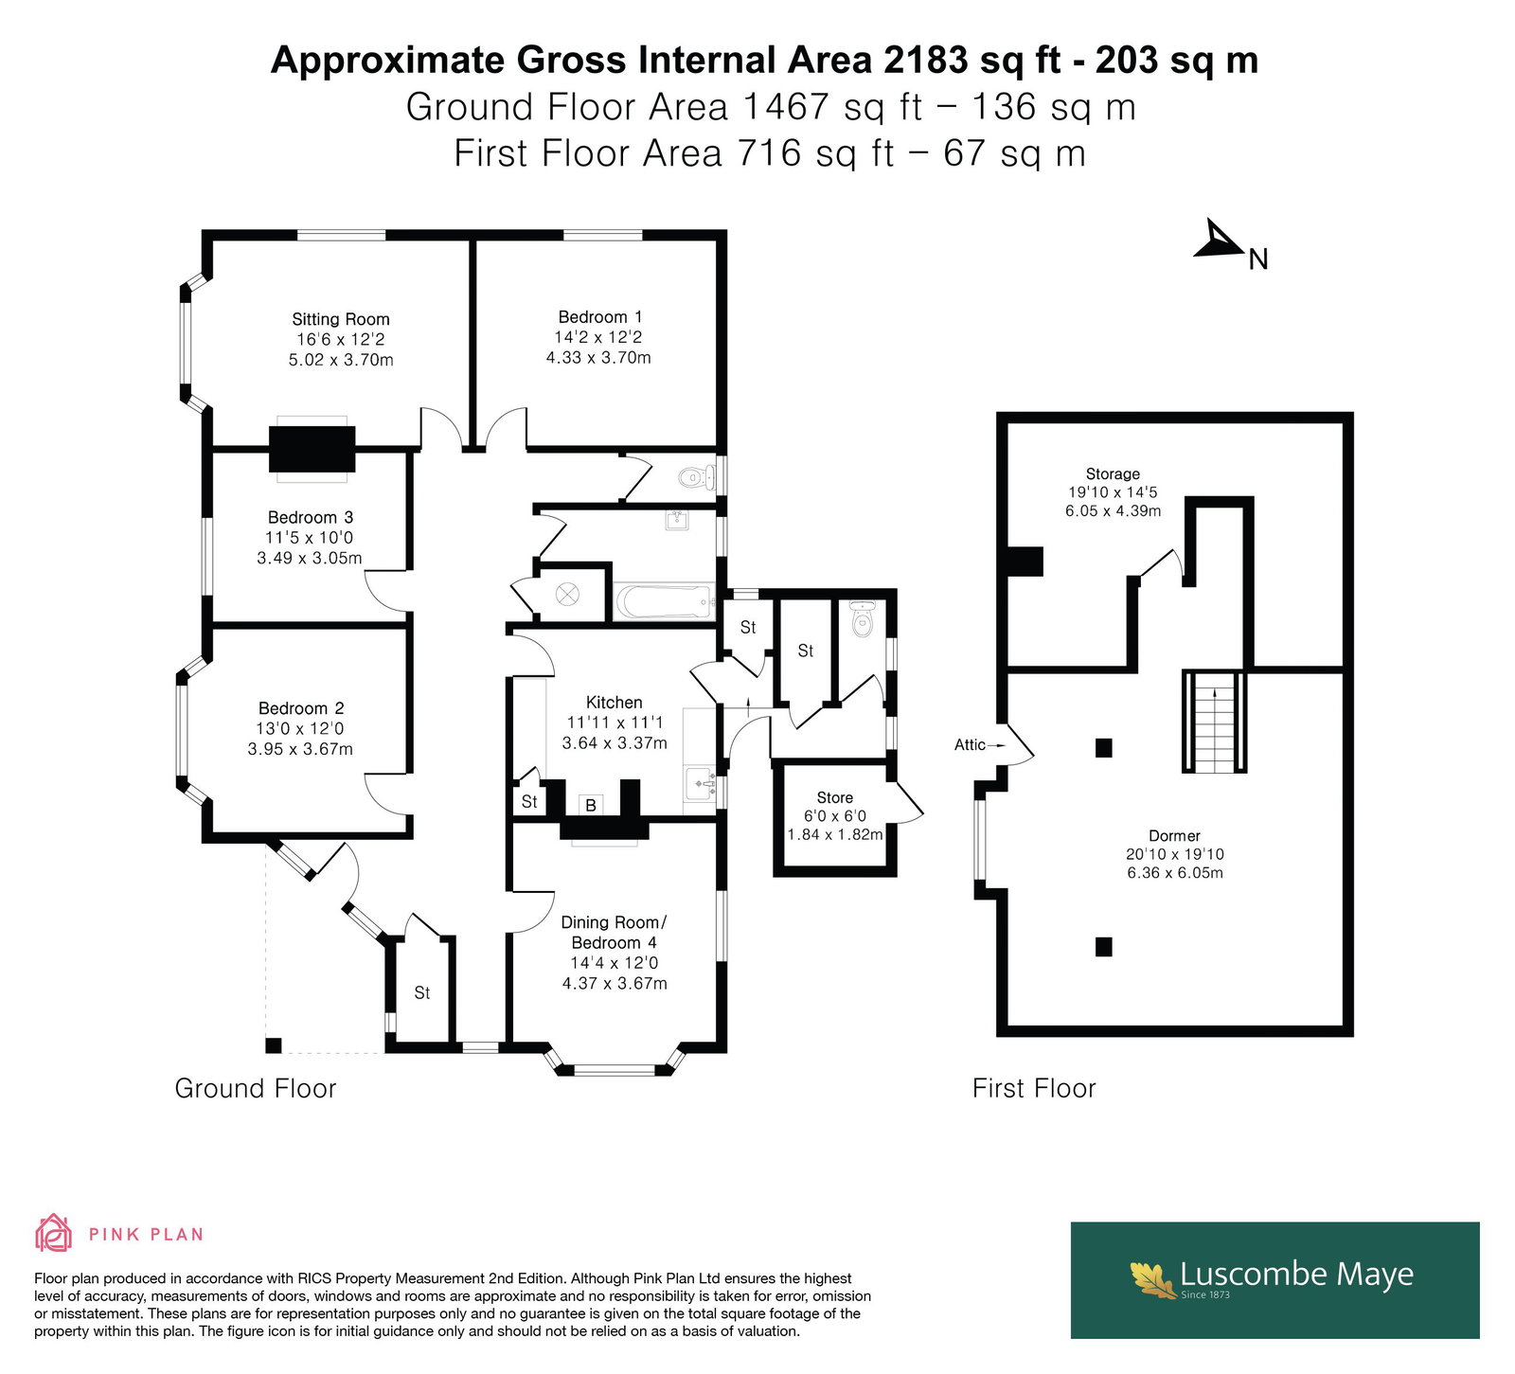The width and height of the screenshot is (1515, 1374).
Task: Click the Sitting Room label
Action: click(341, 319)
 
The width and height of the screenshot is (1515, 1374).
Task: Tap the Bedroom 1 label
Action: click(600, 317)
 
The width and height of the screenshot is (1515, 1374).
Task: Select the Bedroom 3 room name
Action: click(311, 517)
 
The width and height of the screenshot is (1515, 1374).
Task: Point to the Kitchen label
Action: click(615, 703)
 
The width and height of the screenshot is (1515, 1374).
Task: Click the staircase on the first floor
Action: click(1214, 722)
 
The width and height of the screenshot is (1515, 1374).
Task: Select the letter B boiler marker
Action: click(591, 806)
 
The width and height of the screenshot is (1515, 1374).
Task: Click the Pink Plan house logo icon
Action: click(54, 1233)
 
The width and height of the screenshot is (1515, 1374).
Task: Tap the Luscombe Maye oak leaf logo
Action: click(1152, 1278)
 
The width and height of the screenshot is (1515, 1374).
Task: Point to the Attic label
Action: click(970, 745)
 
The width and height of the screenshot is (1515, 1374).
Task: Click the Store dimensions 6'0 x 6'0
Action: click(835, 816)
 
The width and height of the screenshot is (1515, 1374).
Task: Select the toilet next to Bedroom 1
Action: click(694, 477)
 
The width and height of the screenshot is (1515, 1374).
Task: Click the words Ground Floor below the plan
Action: click(256, 1088)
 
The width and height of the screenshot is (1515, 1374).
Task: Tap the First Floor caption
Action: click(1034, 1088)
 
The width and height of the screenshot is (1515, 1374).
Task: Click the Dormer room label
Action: click(1175, 836)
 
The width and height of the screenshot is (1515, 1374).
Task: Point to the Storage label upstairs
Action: click(1114, 474)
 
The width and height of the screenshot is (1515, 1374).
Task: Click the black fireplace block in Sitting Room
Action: click(312, 449)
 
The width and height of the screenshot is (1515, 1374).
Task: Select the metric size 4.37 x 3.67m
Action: click(615, 983)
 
